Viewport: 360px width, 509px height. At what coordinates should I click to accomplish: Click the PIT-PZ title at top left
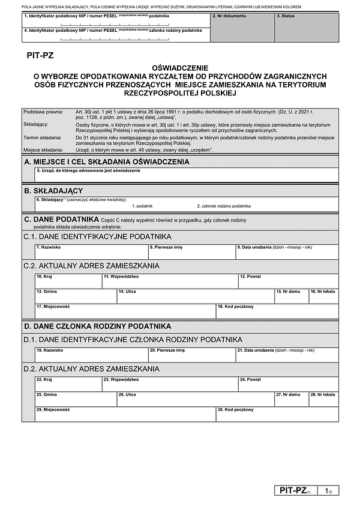tap(40, 55)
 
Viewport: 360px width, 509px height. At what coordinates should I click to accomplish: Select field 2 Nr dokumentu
tap(242, 28)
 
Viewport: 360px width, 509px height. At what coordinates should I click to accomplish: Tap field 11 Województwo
tap(169, 281)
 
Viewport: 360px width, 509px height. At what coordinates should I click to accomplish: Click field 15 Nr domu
tap(291, 296)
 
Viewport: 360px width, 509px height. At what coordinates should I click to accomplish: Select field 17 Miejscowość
tap(125, 311)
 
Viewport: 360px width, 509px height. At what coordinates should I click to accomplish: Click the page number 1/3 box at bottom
tap(328, 491)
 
